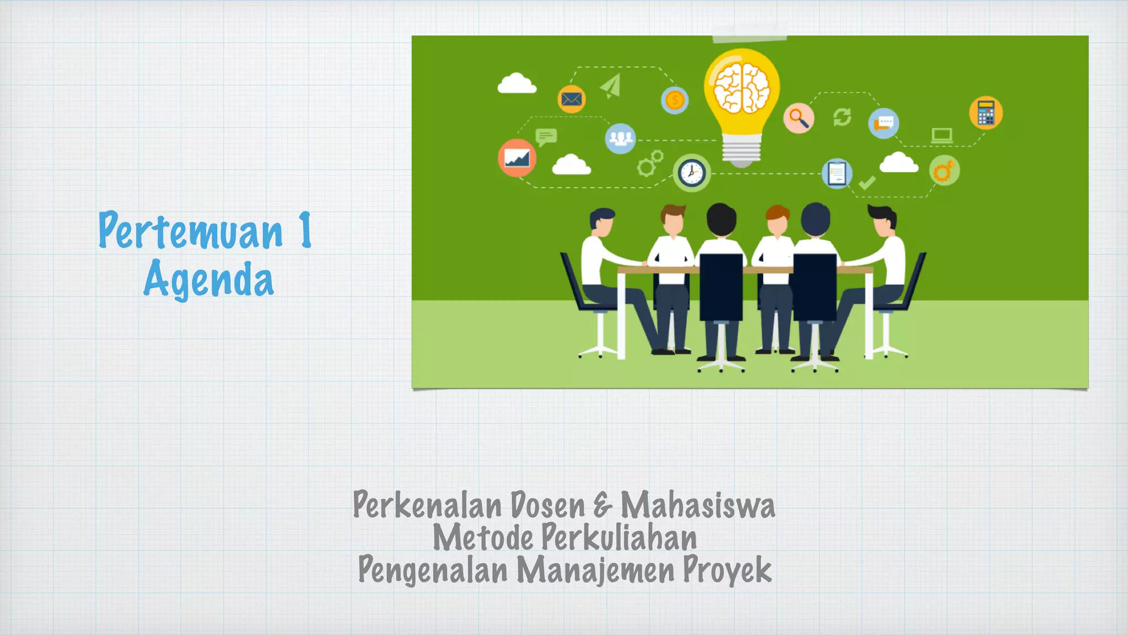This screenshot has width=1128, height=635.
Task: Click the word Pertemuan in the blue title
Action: [190, 230]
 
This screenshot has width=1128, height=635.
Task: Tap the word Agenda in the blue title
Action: [208, 279]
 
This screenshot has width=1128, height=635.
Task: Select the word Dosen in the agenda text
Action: [547, 505]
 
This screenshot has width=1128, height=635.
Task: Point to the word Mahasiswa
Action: [698, 505]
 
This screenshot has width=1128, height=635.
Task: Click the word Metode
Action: [482, 537]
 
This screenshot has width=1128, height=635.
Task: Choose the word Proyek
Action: [727, 570]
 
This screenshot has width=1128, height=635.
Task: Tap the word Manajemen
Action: [595, 570]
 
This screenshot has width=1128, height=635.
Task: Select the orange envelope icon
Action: [571, 99]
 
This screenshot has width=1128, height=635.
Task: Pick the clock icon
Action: [691, 173]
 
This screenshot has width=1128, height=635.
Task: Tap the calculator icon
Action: [985, 114]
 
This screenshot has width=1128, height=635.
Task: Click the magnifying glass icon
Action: [799, 118]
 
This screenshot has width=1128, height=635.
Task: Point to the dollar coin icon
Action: [675, 100]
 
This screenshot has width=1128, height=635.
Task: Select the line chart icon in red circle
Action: [517, 158]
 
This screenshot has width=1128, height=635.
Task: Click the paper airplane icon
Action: [611, 86]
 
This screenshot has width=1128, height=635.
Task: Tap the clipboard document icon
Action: [837, 173]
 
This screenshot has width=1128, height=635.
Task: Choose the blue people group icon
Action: [620, 138]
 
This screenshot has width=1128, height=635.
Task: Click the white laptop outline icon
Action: [942, 135]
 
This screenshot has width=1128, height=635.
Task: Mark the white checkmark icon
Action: [867, 182]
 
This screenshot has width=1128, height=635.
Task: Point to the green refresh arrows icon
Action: [842, 117]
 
